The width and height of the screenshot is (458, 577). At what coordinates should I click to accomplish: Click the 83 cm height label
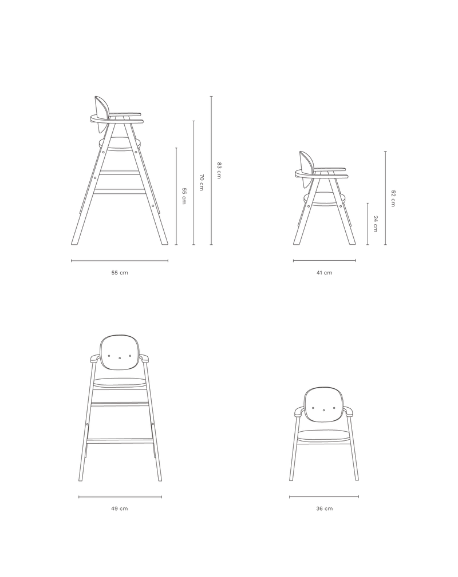coord(219,170)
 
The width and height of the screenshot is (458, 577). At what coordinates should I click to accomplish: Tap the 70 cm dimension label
coord(201,182)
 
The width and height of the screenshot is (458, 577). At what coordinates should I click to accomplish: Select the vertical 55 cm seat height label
coord(184,196)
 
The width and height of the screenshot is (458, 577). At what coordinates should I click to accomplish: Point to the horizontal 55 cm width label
coord(120,273)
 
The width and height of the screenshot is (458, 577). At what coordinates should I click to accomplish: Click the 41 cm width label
coord(324,273)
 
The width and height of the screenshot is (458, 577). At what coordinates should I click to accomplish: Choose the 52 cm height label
coord(393,198)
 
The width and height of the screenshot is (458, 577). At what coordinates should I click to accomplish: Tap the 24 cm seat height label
coord(375,224)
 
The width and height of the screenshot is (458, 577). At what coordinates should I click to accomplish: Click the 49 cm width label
coord(120,508)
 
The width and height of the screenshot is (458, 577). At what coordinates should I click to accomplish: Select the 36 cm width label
coord(324,508)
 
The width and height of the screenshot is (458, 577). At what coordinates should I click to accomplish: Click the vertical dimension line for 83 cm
coord(211,170)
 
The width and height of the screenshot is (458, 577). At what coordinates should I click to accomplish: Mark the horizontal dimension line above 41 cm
coord(324,261)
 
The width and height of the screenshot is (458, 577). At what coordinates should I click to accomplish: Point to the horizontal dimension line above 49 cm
coord(120,497)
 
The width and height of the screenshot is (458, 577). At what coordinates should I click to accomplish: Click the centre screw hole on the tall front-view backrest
coord(120,358)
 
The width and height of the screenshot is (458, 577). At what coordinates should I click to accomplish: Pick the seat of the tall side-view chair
coord(120,144)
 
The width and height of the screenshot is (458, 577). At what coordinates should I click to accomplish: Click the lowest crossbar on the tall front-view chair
coord(120,439)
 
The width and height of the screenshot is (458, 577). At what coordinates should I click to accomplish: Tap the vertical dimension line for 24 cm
coord(368,224)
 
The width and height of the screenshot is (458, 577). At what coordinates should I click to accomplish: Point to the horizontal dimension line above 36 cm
coord(324,497)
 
